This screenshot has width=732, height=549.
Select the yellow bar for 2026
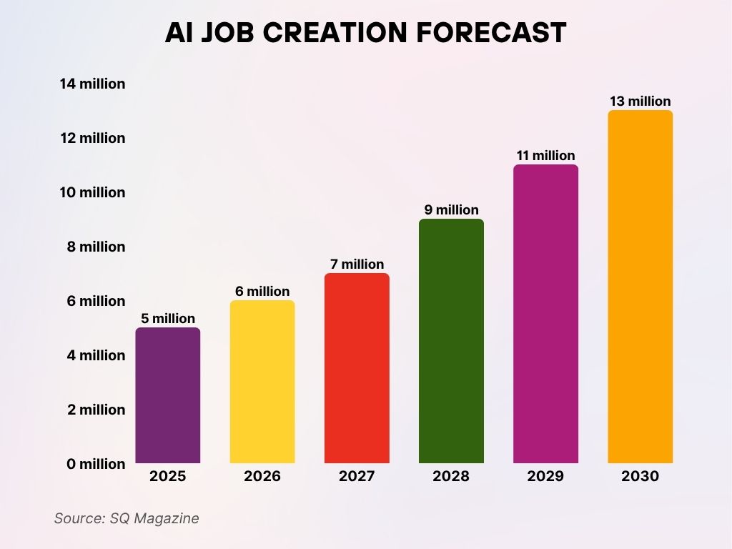coord(262,382)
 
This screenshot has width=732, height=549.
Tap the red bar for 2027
coord(357,368)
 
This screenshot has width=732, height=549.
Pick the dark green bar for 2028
coord(451,341)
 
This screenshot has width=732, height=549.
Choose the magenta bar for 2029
coord(545,314)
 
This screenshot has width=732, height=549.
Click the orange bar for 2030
coord(640,287)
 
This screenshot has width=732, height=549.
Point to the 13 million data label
coord(640,102)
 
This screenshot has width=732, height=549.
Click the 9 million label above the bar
coord(451,210)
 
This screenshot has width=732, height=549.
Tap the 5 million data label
coord(168,319)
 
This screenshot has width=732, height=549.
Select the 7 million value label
coord(357,264)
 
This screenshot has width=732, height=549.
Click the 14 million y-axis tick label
coord(92,84)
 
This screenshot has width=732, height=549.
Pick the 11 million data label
coord(545,156)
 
